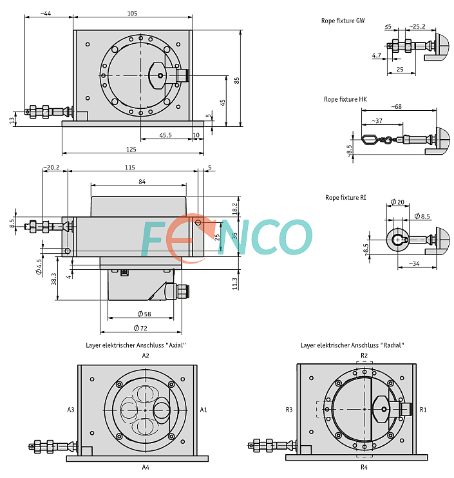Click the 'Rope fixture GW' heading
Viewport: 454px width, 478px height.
(x=343, y=21)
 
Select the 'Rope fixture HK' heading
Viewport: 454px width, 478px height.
(x=345, y=99)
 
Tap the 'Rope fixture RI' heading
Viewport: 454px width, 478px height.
(x=346, y=198)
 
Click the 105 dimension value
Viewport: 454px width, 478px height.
(x=132, y=14)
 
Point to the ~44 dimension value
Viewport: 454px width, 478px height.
(x=46, y=14)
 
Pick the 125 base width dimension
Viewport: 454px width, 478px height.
(x=131, y=149)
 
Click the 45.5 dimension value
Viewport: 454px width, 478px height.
(x=166, y=135)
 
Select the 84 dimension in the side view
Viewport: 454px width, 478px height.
(x=142, y=182)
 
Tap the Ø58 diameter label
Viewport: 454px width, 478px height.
(x=144, y=314)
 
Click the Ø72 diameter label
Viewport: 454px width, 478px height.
(x=140, y=328)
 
